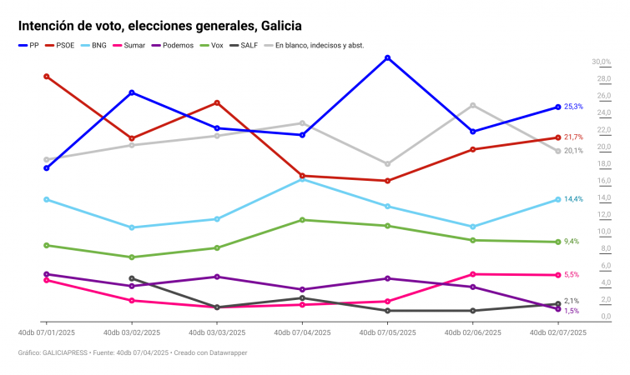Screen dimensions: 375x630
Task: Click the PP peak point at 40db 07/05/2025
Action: pyautogui.click(x=387, y=57)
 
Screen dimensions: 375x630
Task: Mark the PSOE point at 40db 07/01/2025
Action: pyautogui.click(x=47, y=76)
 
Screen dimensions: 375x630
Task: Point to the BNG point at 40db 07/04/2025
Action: pyautogui.click(x=302, y=178)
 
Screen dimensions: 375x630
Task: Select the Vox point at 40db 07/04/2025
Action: pyautogui.click(x=302, y=220)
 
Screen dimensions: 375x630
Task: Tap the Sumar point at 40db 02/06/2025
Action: pyautogui.click(x=472, y=274)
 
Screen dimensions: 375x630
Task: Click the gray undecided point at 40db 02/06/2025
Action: pyautogui.click(x=472, y=105)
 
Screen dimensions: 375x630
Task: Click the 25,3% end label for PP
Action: pyautogui.click(x=573, y=107)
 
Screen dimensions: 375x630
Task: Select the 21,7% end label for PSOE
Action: pyautogui.click(x=573, y=137)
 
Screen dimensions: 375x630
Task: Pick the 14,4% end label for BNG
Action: pyautogui.click(x=573, y=199)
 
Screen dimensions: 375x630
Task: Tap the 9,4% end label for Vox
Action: pyautogui.click(x=572, y=242)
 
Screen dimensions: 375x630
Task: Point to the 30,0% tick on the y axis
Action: pyautogui.click(x=601, y=62)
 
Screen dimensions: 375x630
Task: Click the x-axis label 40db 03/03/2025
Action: pyautogui.click(x=217, y=332)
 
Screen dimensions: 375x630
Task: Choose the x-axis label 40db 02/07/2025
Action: pyautogui.click(x=558, y=332)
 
